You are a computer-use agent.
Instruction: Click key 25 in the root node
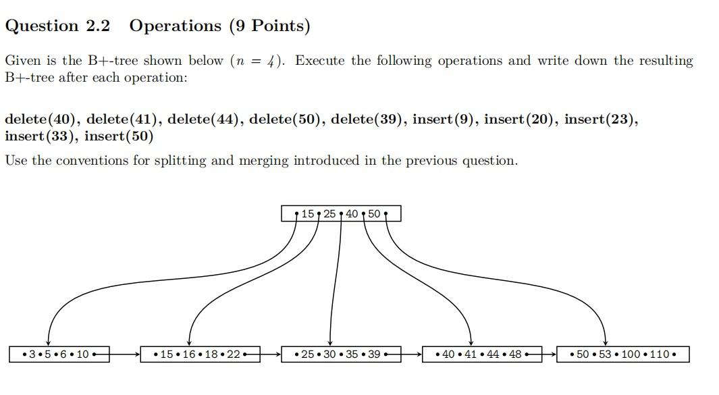[329, 214]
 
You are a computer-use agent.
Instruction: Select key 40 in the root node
[352, 214]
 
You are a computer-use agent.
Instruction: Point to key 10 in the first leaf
[83, 354]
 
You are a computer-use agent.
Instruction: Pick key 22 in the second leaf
[233, 354]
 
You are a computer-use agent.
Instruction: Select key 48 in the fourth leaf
[514, 354]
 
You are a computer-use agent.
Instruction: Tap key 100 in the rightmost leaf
[631, 354]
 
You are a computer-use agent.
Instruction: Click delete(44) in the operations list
[205, 120]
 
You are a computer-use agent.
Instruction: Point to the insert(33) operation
[41, 136]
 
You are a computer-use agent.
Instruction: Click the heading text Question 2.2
[57, 26]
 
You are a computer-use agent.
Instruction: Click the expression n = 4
[257, 61]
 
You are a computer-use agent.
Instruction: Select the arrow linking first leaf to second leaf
[124, 353]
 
